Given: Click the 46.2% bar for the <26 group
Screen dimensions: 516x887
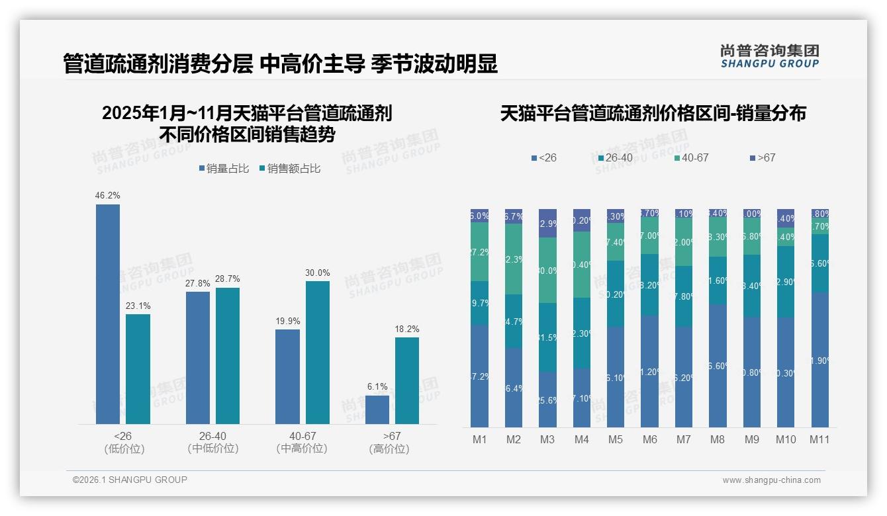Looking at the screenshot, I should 108,314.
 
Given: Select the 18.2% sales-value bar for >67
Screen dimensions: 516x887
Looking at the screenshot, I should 407,380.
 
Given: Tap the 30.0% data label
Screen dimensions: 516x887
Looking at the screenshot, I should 318,273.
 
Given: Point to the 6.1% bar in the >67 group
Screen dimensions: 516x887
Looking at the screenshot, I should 377,409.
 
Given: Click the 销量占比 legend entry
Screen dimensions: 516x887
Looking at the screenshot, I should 223,169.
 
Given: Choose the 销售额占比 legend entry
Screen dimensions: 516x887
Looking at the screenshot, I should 289,169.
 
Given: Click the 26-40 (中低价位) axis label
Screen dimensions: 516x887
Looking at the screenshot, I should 212,443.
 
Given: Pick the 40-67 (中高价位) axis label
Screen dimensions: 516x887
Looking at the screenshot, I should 302,443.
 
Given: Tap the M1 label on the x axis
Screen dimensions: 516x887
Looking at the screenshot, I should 479,439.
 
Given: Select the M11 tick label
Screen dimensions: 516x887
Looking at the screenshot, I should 819,439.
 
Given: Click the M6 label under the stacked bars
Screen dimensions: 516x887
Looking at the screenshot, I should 649,439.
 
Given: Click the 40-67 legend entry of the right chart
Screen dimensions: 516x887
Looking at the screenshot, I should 691,158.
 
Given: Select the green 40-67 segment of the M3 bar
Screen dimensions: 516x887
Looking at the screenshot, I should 547,270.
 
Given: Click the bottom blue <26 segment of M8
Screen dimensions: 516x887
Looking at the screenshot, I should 718,366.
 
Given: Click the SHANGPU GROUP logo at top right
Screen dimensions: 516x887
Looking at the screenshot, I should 769,56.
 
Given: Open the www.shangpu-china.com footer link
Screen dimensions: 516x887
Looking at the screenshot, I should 771,480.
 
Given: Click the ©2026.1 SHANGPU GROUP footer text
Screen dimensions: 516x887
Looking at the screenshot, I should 130,480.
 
